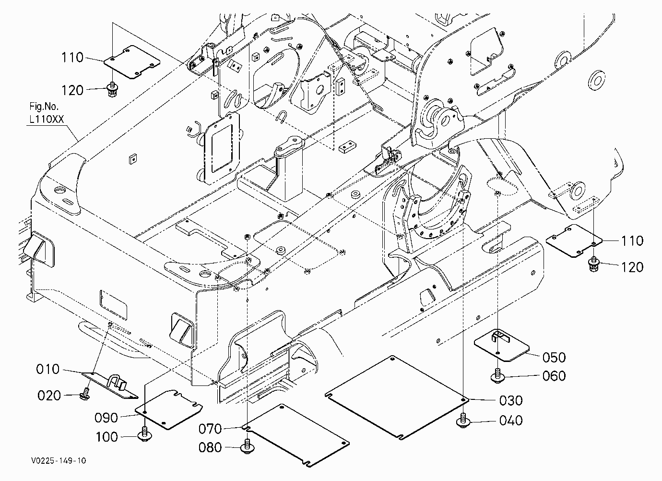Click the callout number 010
(47, 369)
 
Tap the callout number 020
(49, 396)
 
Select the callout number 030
(511, 400)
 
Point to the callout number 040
(511, 421)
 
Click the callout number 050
(554, 358)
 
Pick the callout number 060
(554, 376)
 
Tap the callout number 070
(210, 429)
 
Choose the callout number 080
(210, 447)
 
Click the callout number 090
(106, 418)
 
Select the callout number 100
(107, 437)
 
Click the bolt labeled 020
(85, 394)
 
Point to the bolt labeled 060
(497, 376)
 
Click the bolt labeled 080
(248, 447)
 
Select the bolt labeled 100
(144, 434)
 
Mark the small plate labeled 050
(501, 346)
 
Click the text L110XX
(47, 119)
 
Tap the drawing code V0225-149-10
(59, 460)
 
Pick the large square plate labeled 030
(397, 397)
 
